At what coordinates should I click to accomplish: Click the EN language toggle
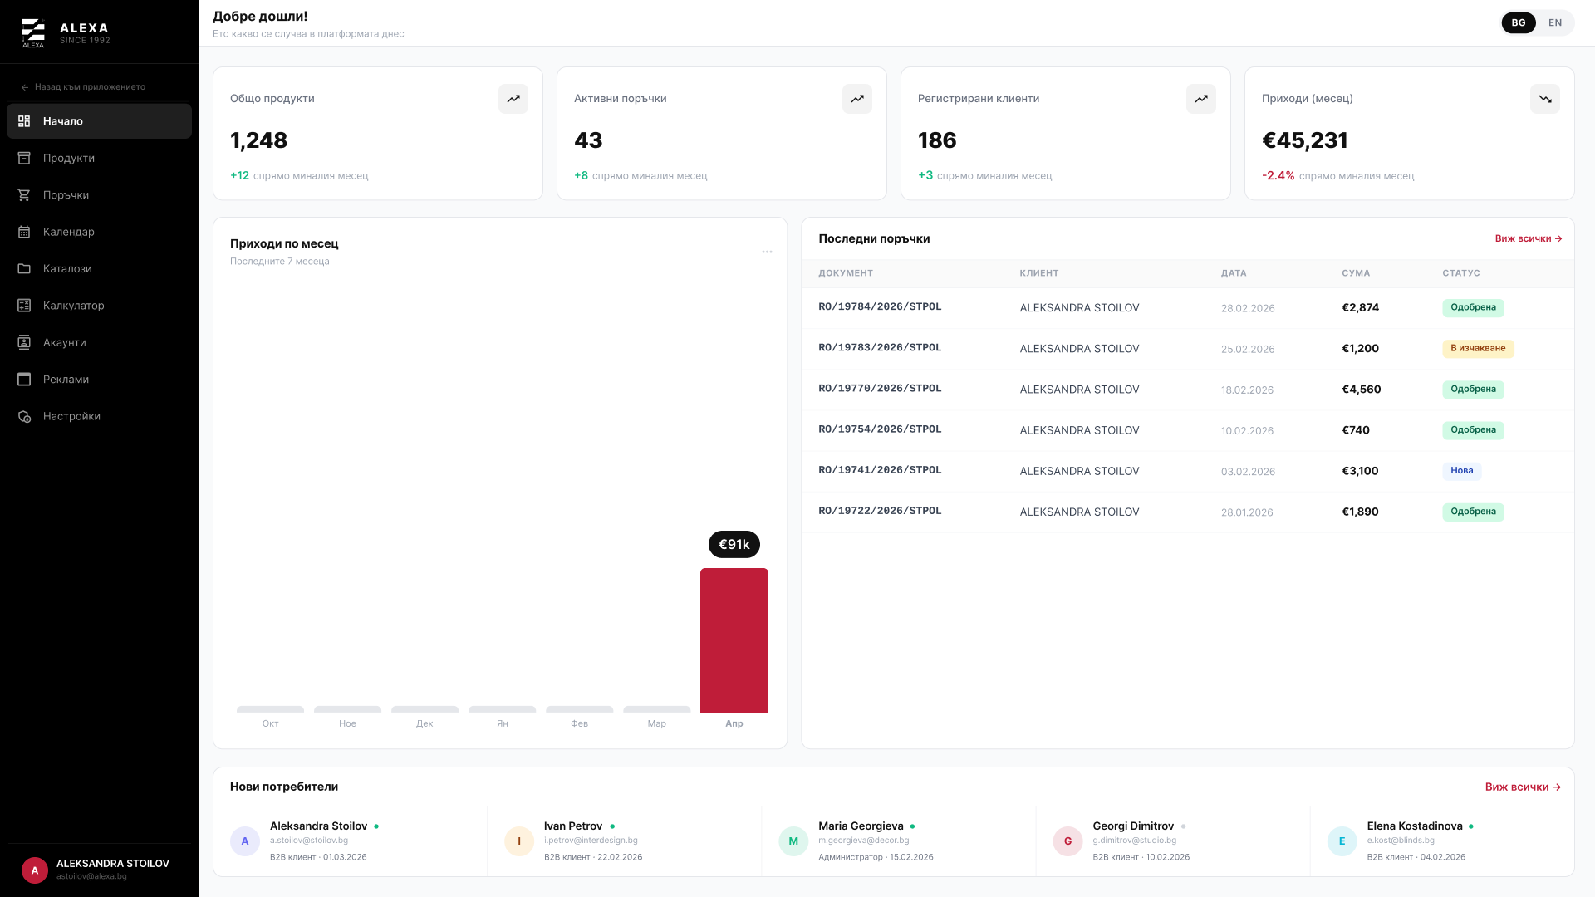point(1555,22)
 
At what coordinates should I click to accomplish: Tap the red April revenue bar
point(734,640)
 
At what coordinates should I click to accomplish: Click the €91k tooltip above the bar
point(734,544)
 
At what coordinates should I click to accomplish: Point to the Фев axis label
point(579,723)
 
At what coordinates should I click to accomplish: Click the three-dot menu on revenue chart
point(767,252)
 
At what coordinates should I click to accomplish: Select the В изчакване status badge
point(1478,348)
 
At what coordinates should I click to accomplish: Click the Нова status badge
point(1462,471)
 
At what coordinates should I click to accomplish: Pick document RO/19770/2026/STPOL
point(880,389)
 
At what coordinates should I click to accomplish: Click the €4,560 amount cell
point(1362,390)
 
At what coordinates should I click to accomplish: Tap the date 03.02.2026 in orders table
point(1248,472)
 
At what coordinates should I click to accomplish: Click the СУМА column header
point(1356,273)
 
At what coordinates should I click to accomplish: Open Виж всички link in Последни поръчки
point(1529,238)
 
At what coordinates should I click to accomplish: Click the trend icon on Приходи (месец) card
point(1545,99)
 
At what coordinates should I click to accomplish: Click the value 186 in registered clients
point(937,140)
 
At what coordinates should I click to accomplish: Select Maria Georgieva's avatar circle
point(793,841)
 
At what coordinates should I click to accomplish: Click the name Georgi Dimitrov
point(1133,826)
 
